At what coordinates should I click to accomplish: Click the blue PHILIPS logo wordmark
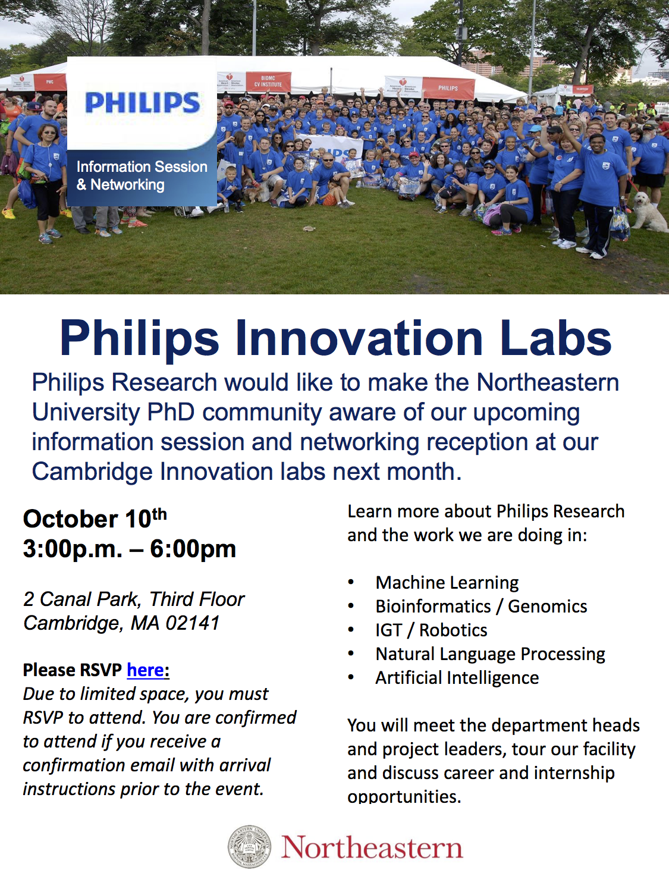click(x=142, y=103)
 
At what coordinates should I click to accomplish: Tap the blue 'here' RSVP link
click(x=145, y=670)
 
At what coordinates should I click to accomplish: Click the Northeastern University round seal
click(x=250, y=846)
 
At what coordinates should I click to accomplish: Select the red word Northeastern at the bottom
click(x=372, y=847)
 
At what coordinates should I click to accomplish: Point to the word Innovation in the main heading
click(x=359, y=338)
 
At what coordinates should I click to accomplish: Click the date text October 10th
click(x=95, y=519)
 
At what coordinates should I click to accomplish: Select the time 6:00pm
click(x=193, y=549)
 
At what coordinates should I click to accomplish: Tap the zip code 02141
click(x=193, y=623)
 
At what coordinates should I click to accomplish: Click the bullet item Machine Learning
click(x=447, y=583)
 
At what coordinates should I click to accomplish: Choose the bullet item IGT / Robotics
click(x=431, y=630)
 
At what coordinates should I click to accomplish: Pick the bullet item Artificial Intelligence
click(x=457, y=678)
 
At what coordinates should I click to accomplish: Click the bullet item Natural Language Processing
click(x=490, y=654)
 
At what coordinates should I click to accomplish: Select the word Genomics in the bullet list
click(x=547, y=607)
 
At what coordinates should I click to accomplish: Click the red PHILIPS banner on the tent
click(x=448, y=88)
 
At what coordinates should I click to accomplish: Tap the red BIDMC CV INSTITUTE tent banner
click(x=268, y=81)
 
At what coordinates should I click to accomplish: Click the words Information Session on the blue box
click(x=142, y=167)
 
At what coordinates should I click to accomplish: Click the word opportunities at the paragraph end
click(x=404, y=797)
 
